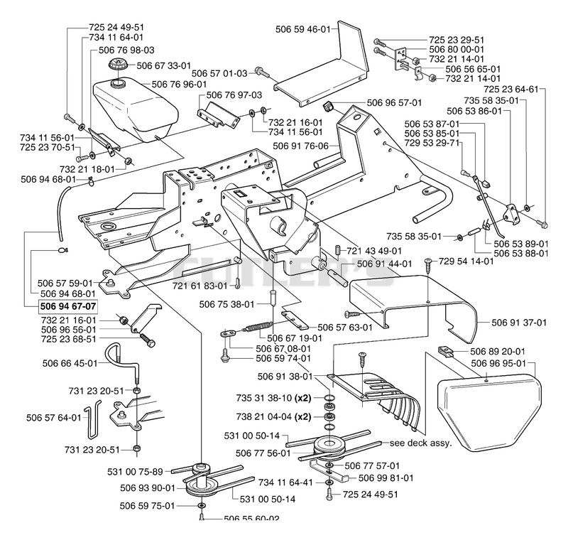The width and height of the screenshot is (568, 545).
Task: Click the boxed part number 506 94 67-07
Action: coord(68,306)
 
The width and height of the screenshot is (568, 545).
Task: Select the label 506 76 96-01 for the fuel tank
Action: coord(179,84)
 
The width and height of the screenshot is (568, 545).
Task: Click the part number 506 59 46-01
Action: coord(303,29)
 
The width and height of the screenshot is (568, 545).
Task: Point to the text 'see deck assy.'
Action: coord(421,443)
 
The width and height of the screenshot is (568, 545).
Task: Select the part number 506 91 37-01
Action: coord(519,323)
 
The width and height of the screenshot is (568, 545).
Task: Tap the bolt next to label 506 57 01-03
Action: coord(262,72)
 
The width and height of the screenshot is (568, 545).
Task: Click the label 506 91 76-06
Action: coord(300,146)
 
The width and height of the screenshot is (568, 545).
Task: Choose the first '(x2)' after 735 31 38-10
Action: coord(303,398)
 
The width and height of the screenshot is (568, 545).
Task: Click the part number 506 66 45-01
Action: coord(70,363)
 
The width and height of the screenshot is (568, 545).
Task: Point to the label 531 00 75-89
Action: coord(135,472)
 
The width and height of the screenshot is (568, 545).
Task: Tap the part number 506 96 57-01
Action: coord(395,102)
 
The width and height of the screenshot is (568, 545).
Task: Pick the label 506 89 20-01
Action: coord(498,351)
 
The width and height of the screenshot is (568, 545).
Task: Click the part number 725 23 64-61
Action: coord(511,90)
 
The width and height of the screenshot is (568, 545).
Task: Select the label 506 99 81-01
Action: coord(386,478)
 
